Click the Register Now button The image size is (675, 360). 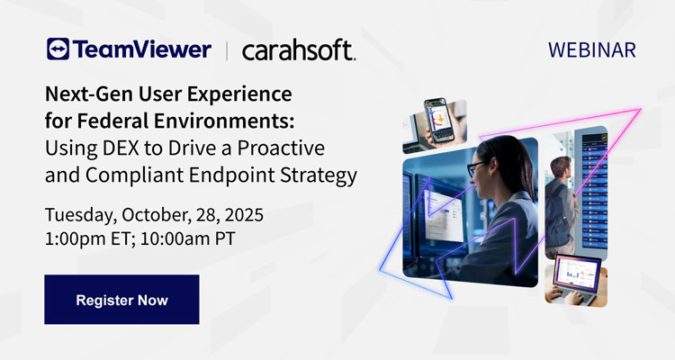[121, 299]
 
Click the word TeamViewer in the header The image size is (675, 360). [140, 49]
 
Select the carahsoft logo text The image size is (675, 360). [299, 50]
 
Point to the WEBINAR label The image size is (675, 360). [592, 49]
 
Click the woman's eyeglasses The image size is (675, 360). [476, 167]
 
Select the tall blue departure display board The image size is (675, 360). [593, 180]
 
